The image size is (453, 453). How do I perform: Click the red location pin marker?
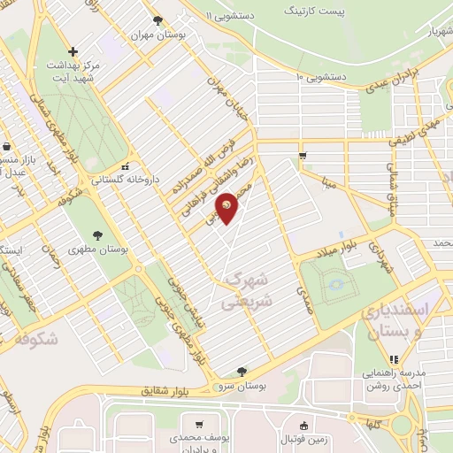[x=227, y=206]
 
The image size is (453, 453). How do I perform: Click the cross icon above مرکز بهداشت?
[x=73, y=51]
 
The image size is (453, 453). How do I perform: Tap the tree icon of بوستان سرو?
[x=242, y=372]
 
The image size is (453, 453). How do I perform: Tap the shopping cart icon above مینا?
[x=303, y=157]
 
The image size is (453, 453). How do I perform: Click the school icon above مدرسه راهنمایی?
[x=394, y=359]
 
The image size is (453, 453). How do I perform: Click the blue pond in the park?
[x=335, y=284]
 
